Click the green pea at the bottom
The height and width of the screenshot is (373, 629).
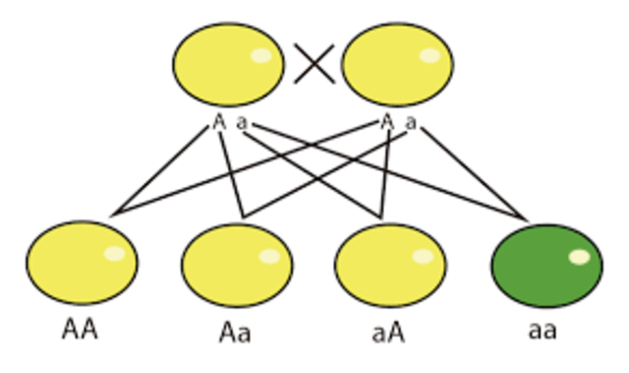click(x=546, y=265)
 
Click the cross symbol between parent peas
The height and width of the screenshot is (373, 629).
click(x=314, y=66)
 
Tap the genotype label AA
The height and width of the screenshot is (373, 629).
click(x=80, y=329)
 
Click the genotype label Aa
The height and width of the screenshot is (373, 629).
click(x=235, y=332)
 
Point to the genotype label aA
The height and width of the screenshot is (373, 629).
click(x=389, y=331)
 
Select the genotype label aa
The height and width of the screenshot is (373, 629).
click(x=543, y=330)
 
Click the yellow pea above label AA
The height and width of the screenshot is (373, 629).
click(x=82, y=263)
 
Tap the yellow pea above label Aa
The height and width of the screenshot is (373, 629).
click(x=237, y=265)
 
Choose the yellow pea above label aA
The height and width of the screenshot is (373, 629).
click(x=390, y=265)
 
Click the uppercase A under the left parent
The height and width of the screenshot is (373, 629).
click(x=219, y=123)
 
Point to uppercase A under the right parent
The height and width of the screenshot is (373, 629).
click(x=387, y=123)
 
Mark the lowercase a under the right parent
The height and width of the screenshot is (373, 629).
click(x=411, y=124)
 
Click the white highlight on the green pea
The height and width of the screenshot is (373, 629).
click(x=579, y=258)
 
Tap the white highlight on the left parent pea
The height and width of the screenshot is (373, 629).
click(x=260, y=55)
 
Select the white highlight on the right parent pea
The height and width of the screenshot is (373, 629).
click(x=429, y=55)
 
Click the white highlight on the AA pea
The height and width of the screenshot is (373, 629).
click(x=114, y=254)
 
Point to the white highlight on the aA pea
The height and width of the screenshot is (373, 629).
click(x=423, y=256)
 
